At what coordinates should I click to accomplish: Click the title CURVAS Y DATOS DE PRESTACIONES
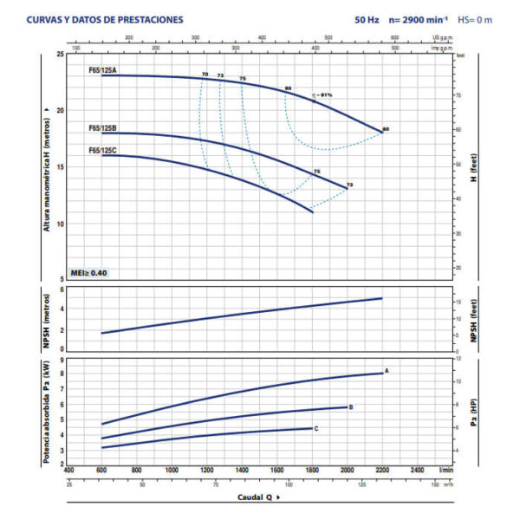(105, 19)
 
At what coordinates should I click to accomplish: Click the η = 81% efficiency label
(322, 94)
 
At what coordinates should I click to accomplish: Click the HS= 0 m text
(474, 19)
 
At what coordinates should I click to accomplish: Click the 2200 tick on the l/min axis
(382, 470)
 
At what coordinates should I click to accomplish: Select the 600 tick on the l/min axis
(102, 470)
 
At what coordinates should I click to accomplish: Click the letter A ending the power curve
(387, 371)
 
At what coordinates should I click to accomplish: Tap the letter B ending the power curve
(351, 406)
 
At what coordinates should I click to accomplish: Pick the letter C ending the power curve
(316, 428)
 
